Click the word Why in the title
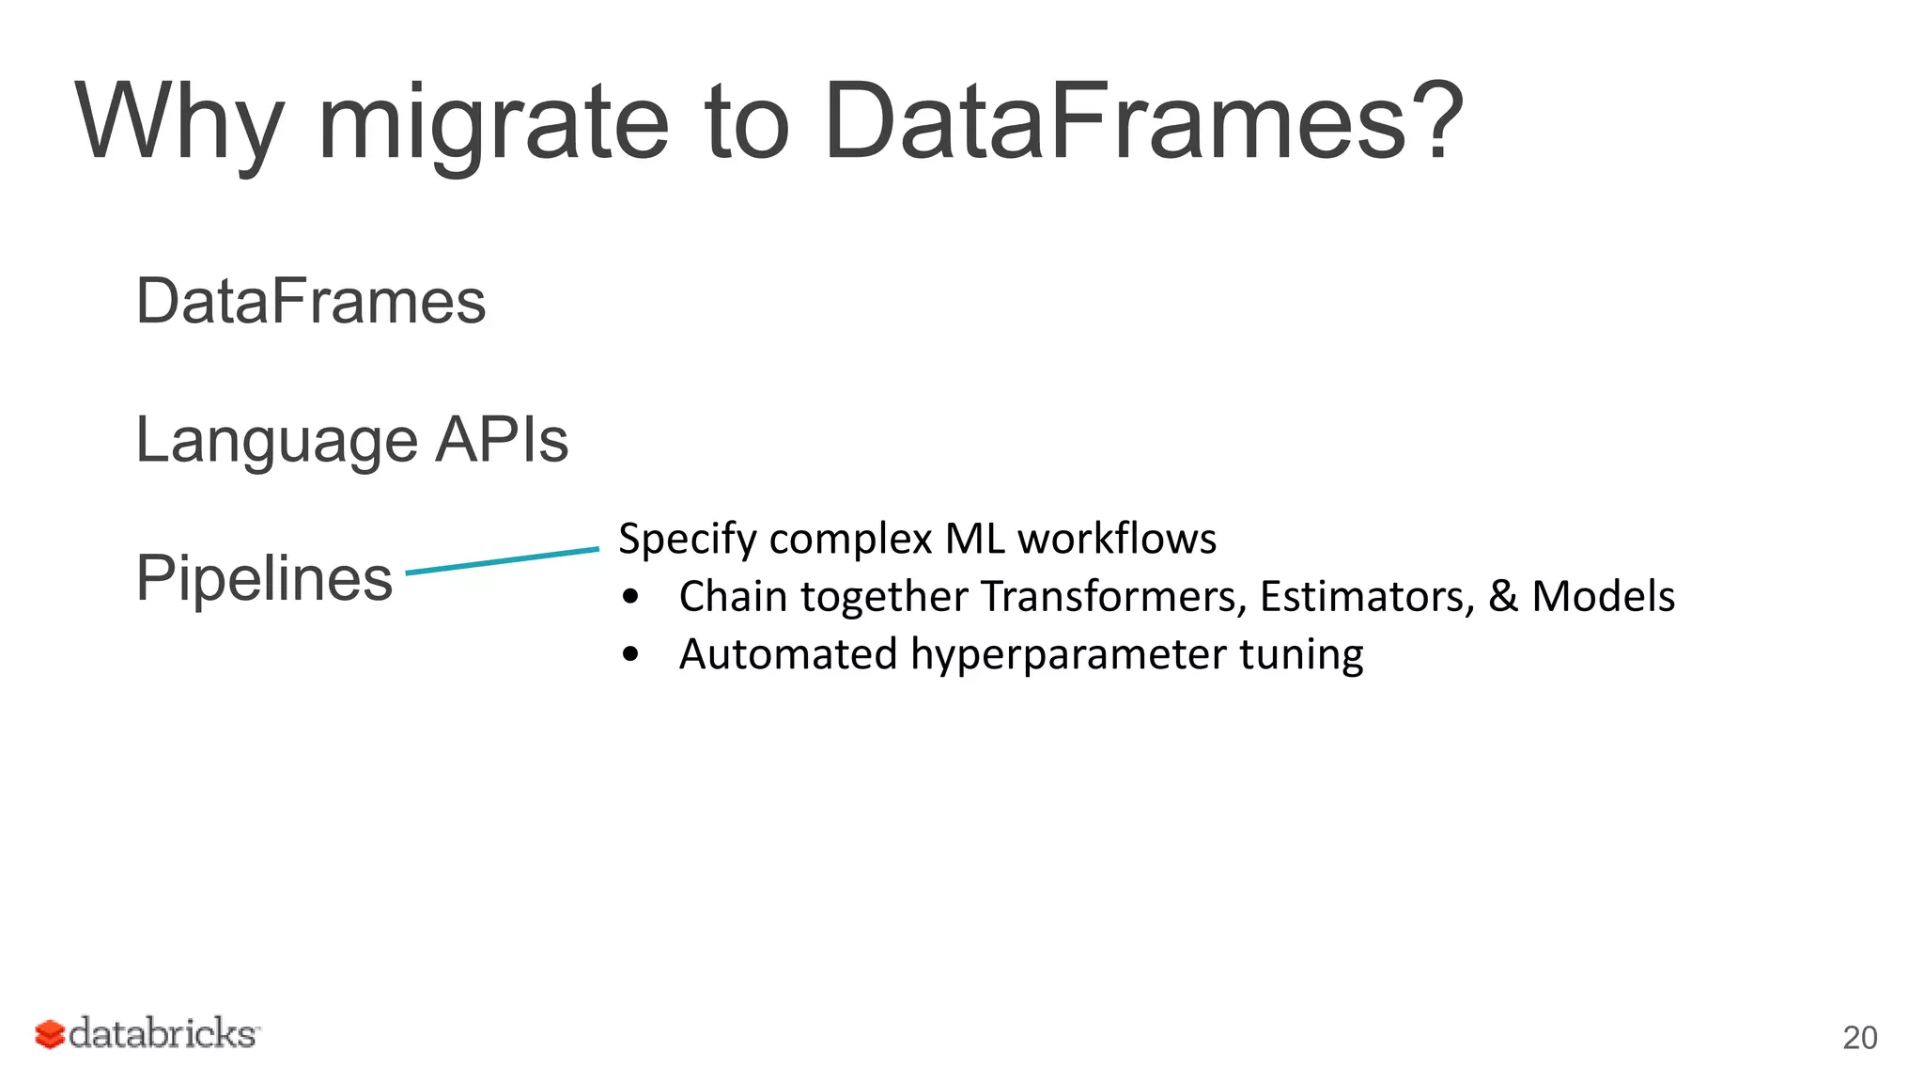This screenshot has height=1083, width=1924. point(178,122)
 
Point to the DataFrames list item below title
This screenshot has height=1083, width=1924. point(311,302)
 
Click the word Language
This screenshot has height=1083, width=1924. point(276,440)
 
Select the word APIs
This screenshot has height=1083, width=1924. point(501,439)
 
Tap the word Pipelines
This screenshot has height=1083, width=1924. point(264,577)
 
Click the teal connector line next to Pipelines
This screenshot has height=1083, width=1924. point(503,560)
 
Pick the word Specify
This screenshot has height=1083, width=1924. point(688,540)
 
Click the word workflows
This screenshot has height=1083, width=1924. point(1117,539)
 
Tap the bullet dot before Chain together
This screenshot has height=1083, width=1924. point(631,597)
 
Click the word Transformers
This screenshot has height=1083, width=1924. point(1113,596)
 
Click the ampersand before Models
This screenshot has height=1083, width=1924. point(1502,596)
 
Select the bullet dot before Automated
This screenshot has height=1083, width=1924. point(631,654)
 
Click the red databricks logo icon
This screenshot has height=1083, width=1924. point(49,1034)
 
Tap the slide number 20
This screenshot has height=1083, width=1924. point(1859,1038)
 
